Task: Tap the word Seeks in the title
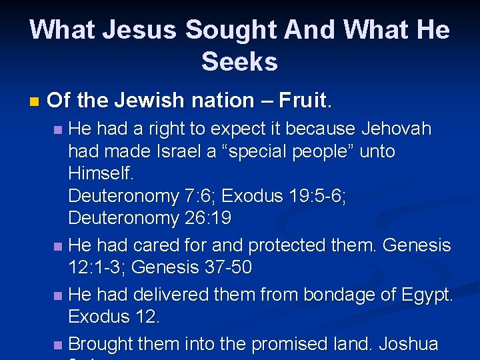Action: pyautogui.click(x=239, y=61)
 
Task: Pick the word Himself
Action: pyautogui.click(x=101, y=174)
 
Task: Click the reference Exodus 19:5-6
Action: pyautogui.click(x=283, y=196)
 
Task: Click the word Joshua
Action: pyautogui.click(x=409, y=343)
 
